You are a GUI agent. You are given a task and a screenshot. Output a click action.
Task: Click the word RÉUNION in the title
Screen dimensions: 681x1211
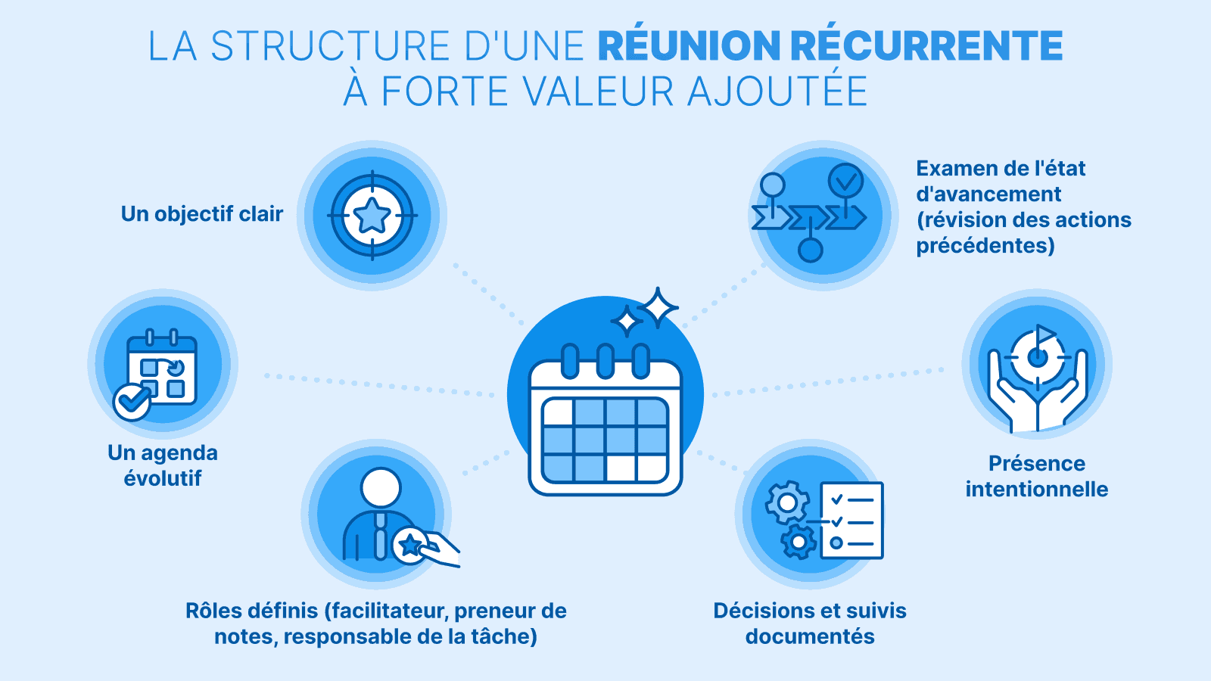point(690,46)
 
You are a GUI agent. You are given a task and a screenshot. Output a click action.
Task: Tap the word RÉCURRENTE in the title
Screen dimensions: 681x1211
point(926,46)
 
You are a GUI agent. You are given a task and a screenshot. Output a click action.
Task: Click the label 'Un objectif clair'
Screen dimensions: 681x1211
point(202,214)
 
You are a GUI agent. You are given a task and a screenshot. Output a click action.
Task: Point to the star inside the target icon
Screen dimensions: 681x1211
point(372,216)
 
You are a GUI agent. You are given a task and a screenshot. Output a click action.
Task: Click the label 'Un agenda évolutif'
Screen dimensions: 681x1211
point(163,465)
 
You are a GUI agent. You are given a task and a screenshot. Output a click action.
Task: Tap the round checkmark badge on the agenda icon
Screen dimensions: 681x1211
point(132,402)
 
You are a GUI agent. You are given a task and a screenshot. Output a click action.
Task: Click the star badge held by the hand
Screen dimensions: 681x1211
point(410,545)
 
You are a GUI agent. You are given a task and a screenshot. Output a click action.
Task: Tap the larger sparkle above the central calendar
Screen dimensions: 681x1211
point(658,307)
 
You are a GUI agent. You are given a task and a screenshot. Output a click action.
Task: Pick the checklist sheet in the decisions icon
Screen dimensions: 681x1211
point(851,521)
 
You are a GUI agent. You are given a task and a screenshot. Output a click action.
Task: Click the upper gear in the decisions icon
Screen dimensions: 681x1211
point(787,502)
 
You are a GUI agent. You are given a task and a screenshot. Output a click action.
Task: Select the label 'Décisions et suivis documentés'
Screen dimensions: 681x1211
point(810,623)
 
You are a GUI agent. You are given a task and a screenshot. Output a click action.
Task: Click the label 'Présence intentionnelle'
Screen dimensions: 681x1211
point(1037,476)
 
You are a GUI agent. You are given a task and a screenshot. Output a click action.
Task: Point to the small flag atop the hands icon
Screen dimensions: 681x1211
point(1045,333)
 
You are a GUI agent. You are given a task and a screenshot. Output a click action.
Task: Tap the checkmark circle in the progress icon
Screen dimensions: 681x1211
point(845,181)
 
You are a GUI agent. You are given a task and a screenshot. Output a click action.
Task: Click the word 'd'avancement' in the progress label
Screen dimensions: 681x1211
point(988,194)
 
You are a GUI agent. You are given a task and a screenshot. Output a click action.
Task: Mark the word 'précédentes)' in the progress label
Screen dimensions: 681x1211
point(985,245)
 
